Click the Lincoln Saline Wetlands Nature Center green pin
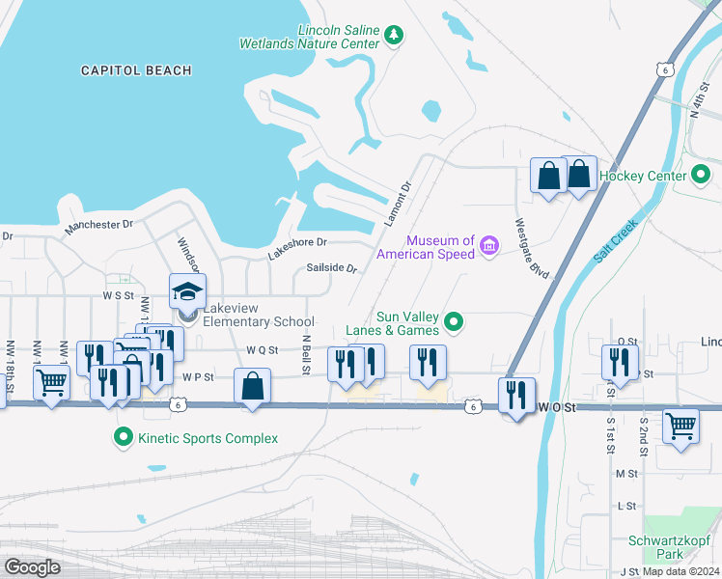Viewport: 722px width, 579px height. (x=394, y=36)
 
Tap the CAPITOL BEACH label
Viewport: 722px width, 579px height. (x=136, y=70)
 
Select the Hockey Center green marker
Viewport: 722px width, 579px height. (x=703, y=176)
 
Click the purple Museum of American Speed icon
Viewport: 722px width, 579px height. (x=489, y=247)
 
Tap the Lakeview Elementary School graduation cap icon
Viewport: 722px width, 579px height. (x=188, y=290)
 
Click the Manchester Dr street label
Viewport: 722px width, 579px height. (x=98, y=226)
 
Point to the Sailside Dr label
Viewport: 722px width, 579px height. (x=332, y=268)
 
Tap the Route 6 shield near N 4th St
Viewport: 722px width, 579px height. (x=662, y=69)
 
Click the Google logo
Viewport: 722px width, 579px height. (x=32, y=567)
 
